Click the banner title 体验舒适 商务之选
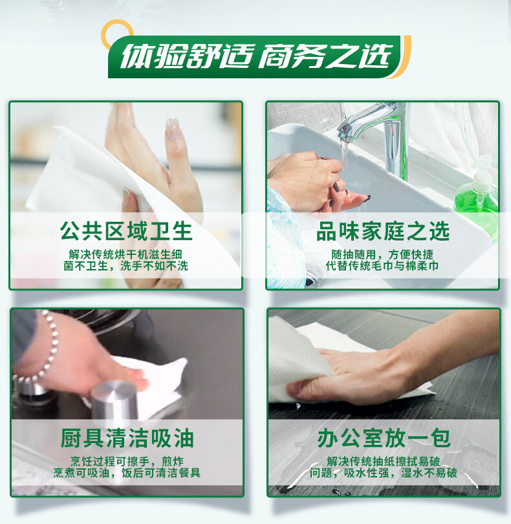pos(256,57)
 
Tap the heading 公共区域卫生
pos(126,232)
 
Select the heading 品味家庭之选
pos(383,232)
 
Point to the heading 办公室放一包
pos(383,439)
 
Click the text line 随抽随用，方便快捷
pos(383,254)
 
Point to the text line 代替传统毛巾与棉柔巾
pos(383,266)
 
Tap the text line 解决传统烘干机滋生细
pos(126,254)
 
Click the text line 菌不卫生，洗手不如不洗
pos(126,266)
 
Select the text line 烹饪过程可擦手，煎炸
pos(126,461)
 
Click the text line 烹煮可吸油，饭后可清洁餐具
pos(126,473)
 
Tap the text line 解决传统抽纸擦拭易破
pos(383,461)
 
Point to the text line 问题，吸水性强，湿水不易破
pos(383,473)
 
